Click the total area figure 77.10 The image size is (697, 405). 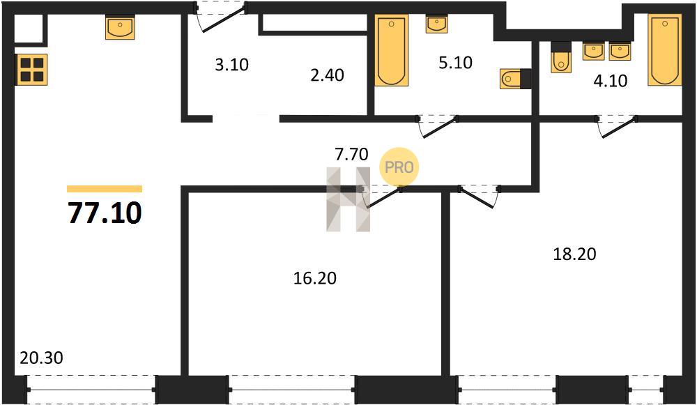pyautogui.click(x=105, y=213)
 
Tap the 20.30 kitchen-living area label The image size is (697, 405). pyautogui.click(x=41, y=358)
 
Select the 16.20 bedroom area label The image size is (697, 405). pyautogui.click(x=315, y=278)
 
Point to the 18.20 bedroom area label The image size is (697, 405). pyautogui.click(x=574, y=254)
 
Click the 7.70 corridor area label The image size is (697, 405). pyautogui.click(x=351, y=154)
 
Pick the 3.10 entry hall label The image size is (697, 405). pyautogui.click(x=231, y=65)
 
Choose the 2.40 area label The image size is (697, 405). pyautogui.click(x=327, y=75)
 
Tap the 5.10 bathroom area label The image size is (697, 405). pyautogui.click(x=455, y=63)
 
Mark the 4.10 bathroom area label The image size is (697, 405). pyautogui.click(x=611, y=81)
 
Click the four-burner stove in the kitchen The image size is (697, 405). pyautogui.click(x=32, y=69)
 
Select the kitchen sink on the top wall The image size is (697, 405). pyautogui.click(x=120, y=28)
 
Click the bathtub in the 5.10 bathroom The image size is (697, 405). pyautogui.click(x=392, y=50)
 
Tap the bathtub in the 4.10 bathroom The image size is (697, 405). pyautogui.click(x=664, y=49)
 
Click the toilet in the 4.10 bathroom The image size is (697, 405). pyautogui.click(x=561, y=57)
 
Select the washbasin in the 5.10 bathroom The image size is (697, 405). pyautogui.click(x=436, y=24)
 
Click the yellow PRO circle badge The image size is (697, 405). pyautogui.click(x=399, y=167)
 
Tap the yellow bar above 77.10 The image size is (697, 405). pyautogui.click(x=105, y=189)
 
